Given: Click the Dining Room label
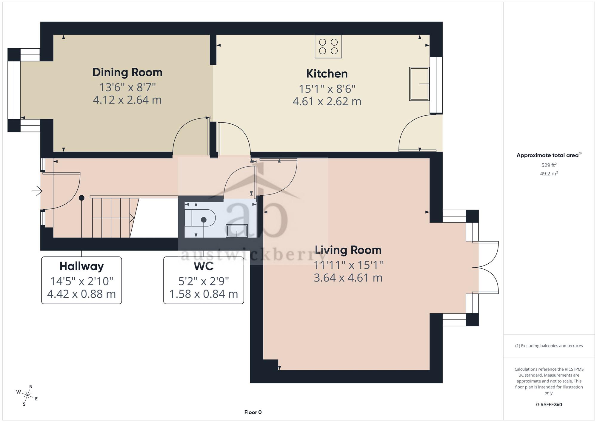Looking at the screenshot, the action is (127, 72).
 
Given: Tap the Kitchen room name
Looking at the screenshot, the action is (327, 74).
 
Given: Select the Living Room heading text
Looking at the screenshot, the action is (348, 250).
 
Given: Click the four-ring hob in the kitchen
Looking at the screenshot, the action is (328, 47).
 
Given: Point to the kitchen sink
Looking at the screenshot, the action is (419, 84).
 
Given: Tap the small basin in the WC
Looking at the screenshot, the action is (237, 231).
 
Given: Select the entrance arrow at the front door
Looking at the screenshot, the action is (37, 191).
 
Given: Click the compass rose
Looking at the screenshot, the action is (27, 396).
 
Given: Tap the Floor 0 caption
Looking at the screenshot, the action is (253, 412).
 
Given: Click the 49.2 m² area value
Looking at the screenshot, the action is (549, 173).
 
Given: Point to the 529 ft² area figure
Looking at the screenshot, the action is (549, 165).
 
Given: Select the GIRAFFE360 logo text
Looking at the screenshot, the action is (549, 405).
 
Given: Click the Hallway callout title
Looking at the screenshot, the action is (81, 266).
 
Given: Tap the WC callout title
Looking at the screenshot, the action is (204, 266).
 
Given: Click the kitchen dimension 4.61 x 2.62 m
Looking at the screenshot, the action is (327, 101).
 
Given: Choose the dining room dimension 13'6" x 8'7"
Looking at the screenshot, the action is (127, 87).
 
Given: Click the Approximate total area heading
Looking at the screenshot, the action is (549, 155).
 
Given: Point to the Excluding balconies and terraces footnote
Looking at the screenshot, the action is (549, 346).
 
